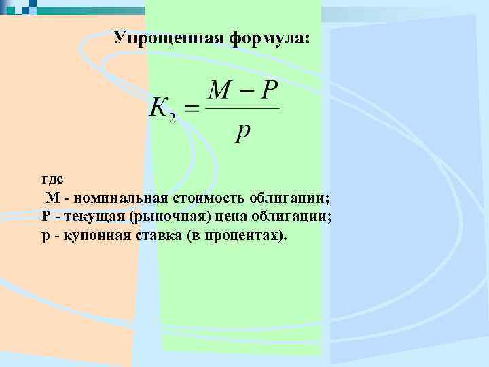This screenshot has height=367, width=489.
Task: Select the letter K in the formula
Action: coord(160,108)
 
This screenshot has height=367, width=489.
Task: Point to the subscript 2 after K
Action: coord(173,118)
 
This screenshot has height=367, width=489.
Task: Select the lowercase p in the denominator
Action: coord(242,131)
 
